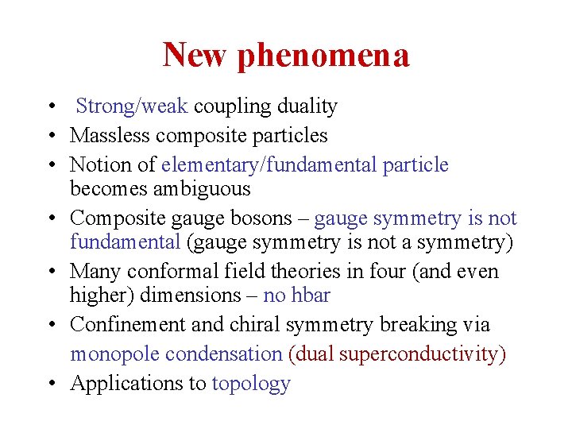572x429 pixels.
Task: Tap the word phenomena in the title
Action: (323, 56)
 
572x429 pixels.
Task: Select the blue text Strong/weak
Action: (132, 106)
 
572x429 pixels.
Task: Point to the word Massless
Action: (106, 136)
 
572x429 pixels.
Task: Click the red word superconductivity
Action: (422, 354)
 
